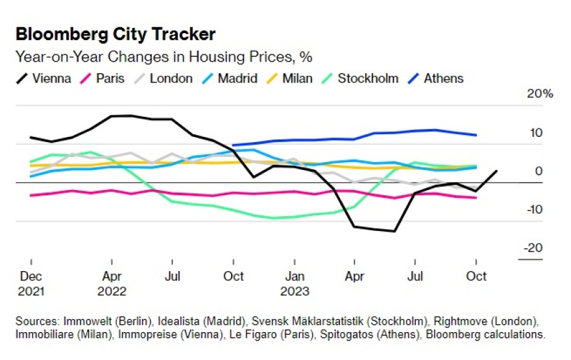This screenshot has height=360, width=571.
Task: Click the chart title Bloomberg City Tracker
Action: click(115, 34)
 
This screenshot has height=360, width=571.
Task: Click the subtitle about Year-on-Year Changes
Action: click(164, 57)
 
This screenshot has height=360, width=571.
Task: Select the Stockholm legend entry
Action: click(360, 78)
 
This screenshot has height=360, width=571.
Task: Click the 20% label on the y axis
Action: click(540, 94)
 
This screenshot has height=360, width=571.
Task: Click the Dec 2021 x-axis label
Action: click(31, 283)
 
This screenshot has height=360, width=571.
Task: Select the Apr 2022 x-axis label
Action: click(112, 283)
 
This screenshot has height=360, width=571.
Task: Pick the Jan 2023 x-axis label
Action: click(295, 283)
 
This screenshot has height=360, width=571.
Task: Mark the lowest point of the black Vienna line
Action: click(394, 231)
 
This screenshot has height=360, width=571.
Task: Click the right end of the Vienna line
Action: click(497, 171)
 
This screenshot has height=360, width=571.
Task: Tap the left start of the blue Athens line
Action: click(232, 145)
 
